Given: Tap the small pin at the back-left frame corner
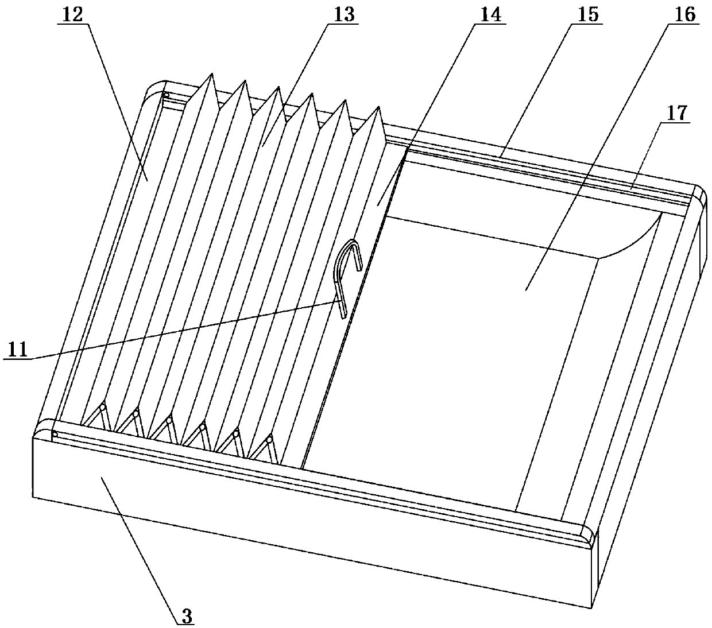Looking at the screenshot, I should coord(165,95).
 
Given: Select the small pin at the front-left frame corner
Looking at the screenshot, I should coord(54,434).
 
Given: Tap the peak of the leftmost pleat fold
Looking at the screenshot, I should coord(212,75).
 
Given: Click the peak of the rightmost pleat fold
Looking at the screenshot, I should coord(378,107).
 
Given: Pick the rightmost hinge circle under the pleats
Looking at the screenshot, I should coord(269,440).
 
